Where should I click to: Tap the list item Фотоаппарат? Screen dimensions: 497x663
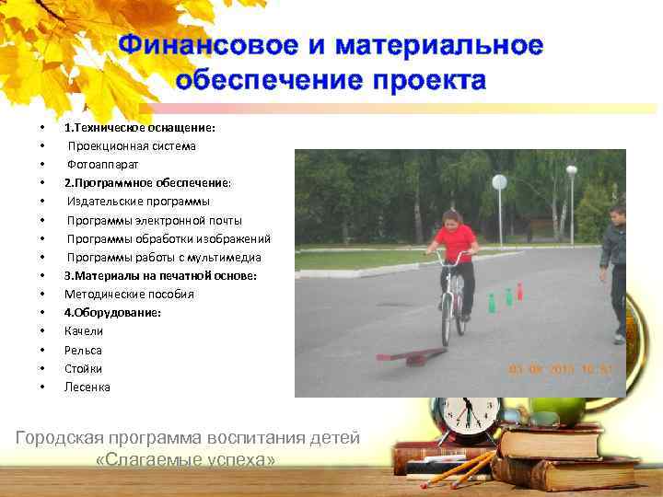pos(102,164)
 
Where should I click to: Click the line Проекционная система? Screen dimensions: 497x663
pos(131,145)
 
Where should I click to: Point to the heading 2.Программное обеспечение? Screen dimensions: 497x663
pos(147,182)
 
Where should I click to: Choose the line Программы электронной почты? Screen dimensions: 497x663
pos(154,220)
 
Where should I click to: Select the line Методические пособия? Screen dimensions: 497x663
pos(129,294)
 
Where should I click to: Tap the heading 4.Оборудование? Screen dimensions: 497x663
pos(112,313)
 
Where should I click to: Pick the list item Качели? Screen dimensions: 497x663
pos(84,331)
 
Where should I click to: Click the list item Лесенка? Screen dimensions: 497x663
pos(87,387)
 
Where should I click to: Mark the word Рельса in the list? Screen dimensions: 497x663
pos(83,350)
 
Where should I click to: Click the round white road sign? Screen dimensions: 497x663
pos(499,182)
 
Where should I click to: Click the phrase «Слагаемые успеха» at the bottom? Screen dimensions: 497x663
pos(185,458)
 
